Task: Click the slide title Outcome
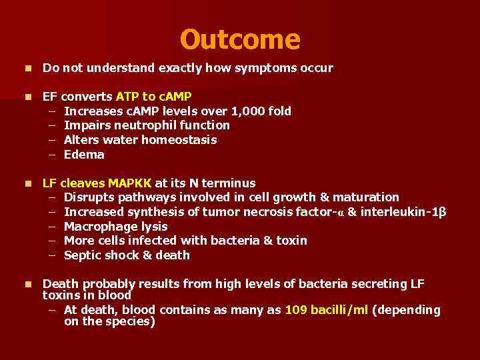pyautogui.click(x=240, y=39)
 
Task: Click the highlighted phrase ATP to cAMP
pyautogui.click(x=153, y=97)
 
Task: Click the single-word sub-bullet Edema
pyautogui.click(x=84, y=155)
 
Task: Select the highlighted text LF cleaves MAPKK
pyautogui.click(x=97, y=183)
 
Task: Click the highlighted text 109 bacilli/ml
pyautogui.click(x=326, y=310)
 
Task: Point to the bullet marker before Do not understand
pyautogui.click(x=27, y=68)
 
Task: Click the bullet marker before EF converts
pyautogui.click(x=27, y=97)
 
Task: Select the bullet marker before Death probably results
pyautogui.click(x=27, y=284)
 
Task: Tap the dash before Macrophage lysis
pyautogui.click(x=53, y=227)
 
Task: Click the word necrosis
pyautogui.click(x=271, y=212)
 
